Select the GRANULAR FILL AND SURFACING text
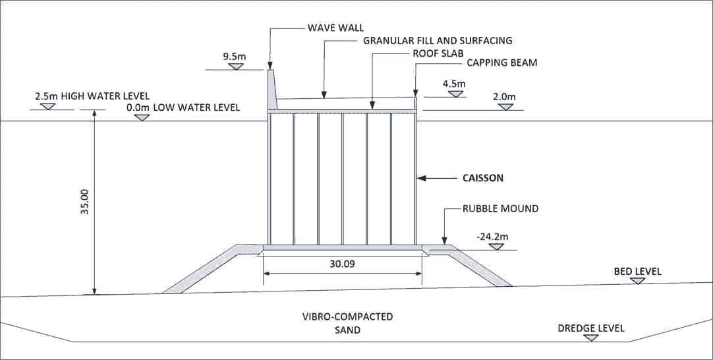click(x=438, y=40)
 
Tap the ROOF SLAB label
click(x=435, y=52)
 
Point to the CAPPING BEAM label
click(x=502, y=63)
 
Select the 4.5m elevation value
click(x=454, y=84)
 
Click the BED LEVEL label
click(x=637, y=272)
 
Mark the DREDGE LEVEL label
click(x=591, y=328)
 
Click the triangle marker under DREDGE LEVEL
click(x=592, y=338)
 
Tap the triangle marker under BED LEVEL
click(x=637, y=280)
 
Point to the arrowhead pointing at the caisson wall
click(x=423, y=178)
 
